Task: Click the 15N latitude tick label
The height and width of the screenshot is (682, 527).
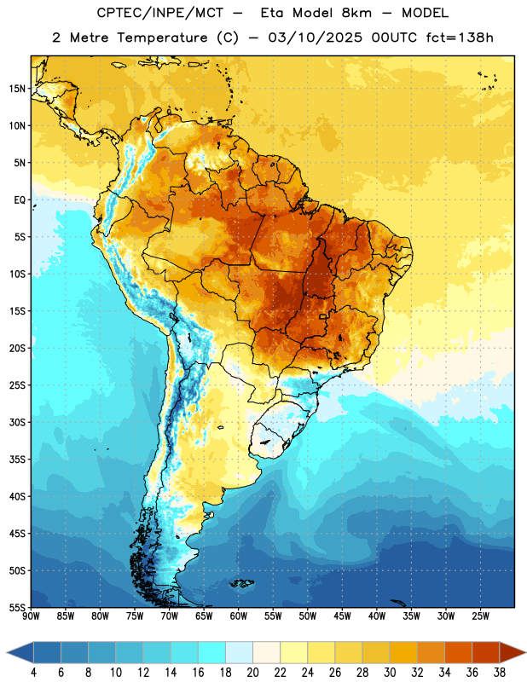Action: tap(17, 89)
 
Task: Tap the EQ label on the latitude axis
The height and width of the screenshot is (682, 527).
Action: tap(20, 200)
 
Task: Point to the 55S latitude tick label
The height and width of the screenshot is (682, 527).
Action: tap(17, 607)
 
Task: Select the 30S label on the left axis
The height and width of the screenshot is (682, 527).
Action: tap(17, 422)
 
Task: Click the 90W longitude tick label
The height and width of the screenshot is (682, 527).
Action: tap(31, 616)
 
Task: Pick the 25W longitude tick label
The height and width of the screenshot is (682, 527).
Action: tap(480, 616)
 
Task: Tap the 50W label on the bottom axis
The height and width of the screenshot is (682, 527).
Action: tap(308, 616)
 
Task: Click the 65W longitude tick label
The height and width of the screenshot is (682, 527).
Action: tap(204, 616)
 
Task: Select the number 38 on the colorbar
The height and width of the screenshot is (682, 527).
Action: tap(500, 673)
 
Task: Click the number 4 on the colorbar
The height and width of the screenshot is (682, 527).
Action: tap(33, 673)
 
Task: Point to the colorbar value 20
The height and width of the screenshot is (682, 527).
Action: tap(252, 673)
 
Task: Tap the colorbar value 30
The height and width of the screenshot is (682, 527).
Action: tap(390, 673)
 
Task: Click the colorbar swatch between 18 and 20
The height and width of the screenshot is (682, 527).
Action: tap(239, 653)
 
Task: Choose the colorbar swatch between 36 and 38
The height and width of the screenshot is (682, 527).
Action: tap(486, 653)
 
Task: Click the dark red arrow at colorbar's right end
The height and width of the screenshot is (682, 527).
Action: tap(513, 653)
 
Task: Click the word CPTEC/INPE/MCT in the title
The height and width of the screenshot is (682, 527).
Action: tap(160, 13)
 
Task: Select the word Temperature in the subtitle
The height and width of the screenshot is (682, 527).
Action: tap(162, 38)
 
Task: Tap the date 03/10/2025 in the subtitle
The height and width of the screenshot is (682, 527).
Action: tap(315, 38)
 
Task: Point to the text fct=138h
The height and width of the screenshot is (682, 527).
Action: tap(460, 38)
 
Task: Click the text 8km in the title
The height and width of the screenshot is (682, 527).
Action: tap(356, 13)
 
